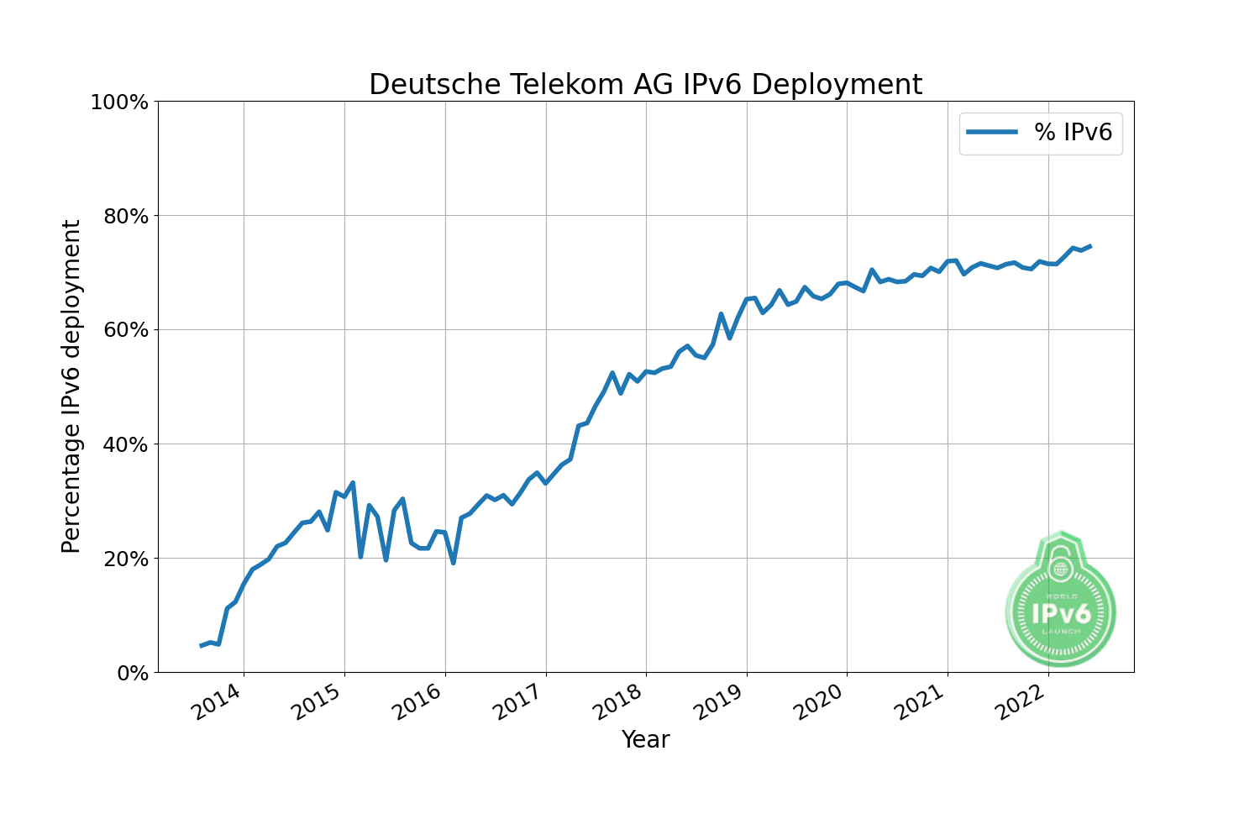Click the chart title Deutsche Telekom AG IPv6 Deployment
coord(645,85)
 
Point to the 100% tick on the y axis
coord(119,102)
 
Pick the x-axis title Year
coord(645,740)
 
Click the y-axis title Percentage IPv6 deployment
coord(71,386)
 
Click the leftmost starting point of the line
coord(201,645)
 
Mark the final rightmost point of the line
coord(1089,246)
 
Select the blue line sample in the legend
coord(992,132)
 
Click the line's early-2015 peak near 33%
coord(353,483)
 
